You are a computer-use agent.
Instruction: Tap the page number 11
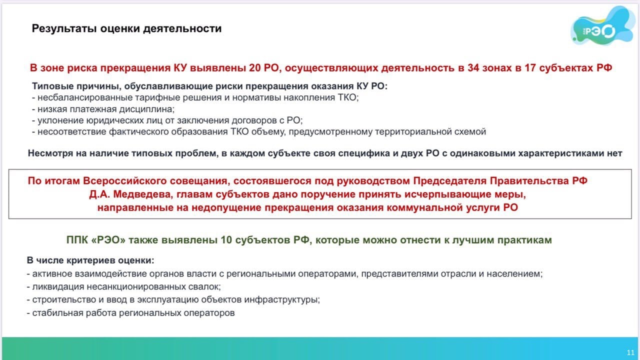630,352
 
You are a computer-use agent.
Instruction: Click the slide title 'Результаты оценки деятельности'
126,28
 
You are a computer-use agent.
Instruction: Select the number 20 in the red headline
255,68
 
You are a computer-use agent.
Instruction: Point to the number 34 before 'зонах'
473,68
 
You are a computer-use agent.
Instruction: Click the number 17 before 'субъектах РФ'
530,68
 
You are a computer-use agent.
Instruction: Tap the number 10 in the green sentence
226,240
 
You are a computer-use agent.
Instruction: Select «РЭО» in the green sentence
108,240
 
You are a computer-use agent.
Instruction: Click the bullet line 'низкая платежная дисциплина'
103,109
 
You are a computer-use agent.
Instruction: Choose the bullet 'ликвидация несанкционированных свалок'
123,286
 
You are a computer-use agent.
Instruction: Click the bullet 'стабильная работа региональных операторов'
131,313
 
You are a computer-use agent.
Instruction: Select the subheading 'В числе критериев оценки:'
90,260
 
